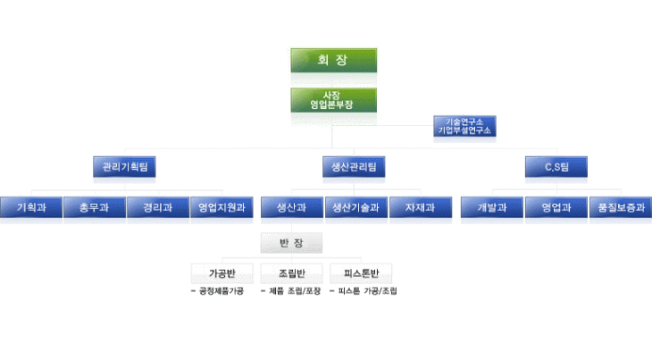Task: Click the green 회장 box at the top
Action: [333, 61]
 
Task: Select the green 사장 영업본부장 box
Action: [333, 99]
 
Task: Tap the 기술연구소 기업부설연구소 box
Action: [465, 125]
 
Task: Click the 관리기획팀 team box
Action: [124, 167]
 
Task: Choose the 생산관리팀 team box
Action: [354, 167]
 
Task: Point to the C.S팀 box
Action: [556, 167]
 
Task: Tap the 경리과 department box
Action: [157, 207]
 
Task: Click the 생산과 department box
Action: [291, 207]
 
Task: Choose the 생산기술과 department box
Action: [355, 207]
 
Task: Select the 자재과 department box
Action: [419, 207]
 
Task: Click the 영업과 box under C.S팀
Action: [556, 207]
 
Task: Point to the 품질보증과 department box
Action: [620, 207]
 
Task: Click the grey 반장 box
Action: [291, 243]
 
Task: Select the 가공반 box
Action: [222, 272]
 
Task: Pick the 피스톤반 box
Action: [361, 272]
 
